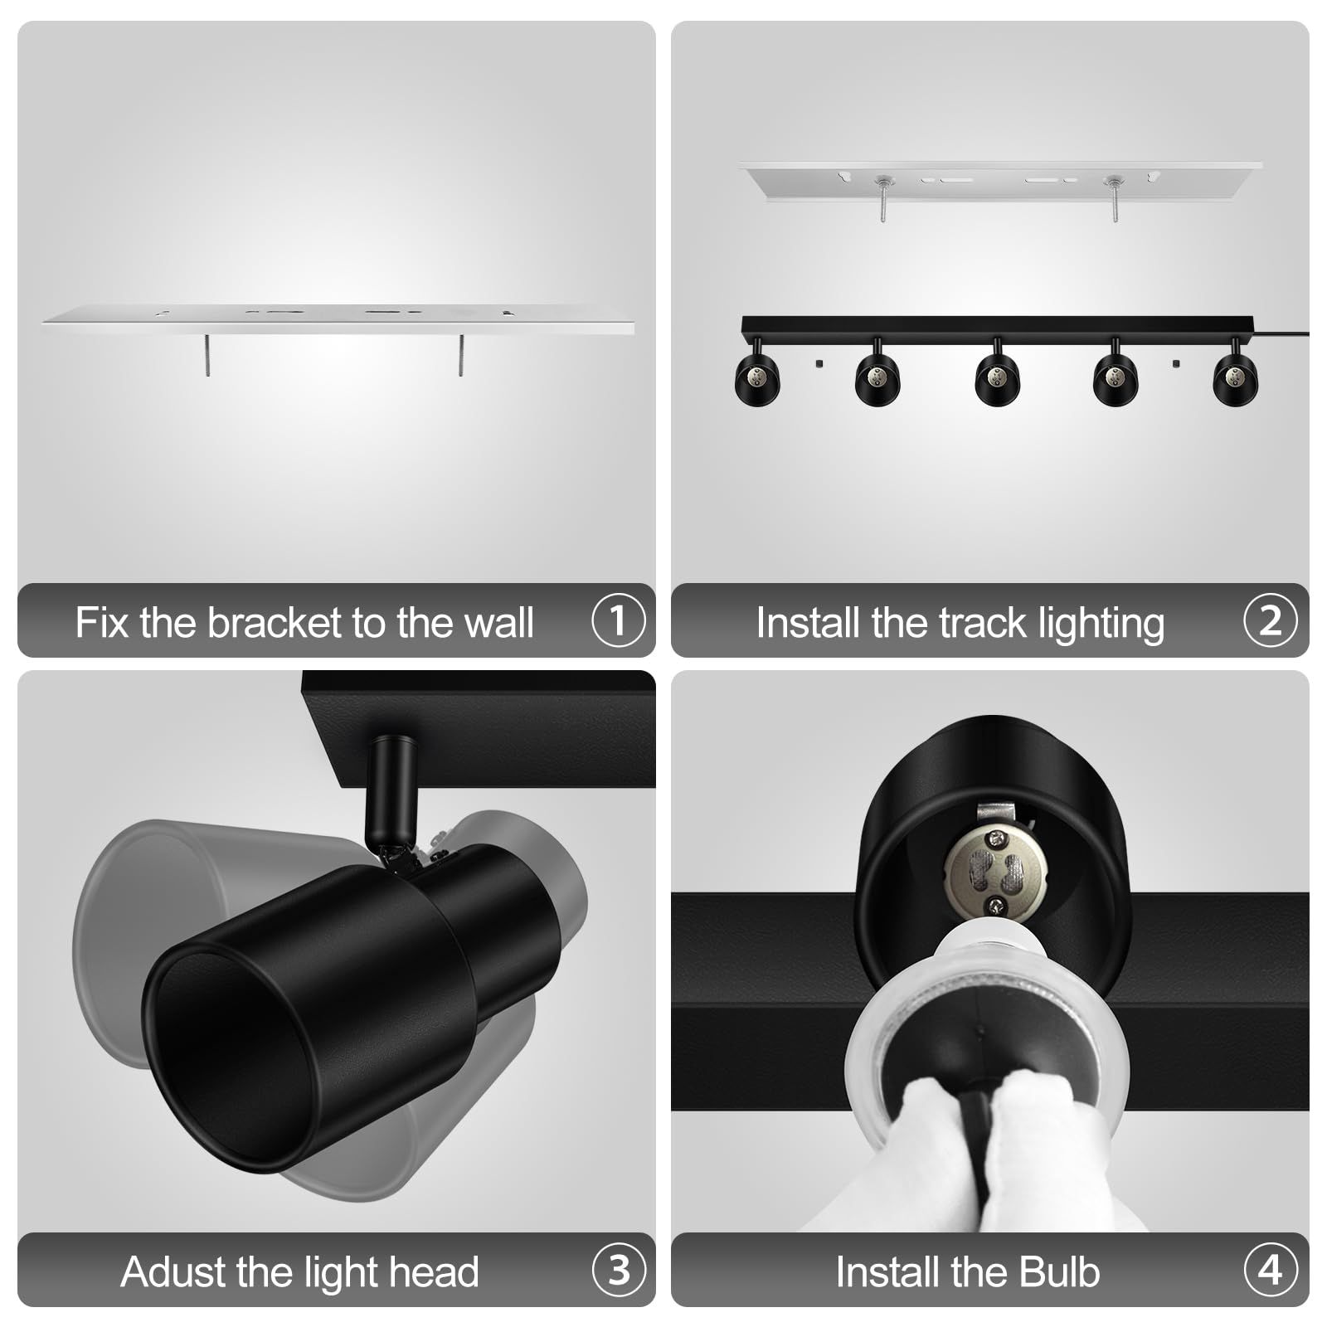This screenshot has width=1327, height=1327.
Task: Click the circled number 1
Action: [618, 621]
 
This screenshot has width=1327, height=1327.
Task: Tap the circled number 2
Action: [1270, 621]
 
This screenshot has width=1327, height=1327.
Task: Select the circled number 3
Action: [618, 1271]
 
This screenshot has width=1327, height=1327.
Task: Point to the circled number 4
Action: [1270, 1271]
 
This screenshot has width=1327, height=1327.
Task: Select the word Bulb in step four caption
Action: [1059, 1272]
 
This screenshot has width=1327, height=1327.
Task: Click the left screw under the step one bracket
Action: [207, 355]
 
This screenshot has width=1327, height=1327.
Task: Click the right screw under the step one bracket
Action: [461, 355]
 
